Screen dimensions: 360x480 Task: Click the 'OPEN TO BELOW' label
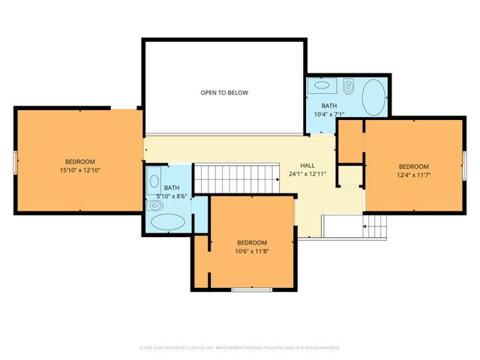223,93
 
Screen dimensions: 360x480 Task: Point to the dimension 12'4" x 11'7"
413,175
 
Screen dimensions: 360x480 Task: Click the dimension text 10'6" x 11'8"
252,251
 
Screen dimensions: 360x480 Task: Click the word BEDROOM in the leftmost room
79,162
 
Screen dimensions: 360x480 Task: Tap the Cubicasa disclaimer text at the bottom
240,348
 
